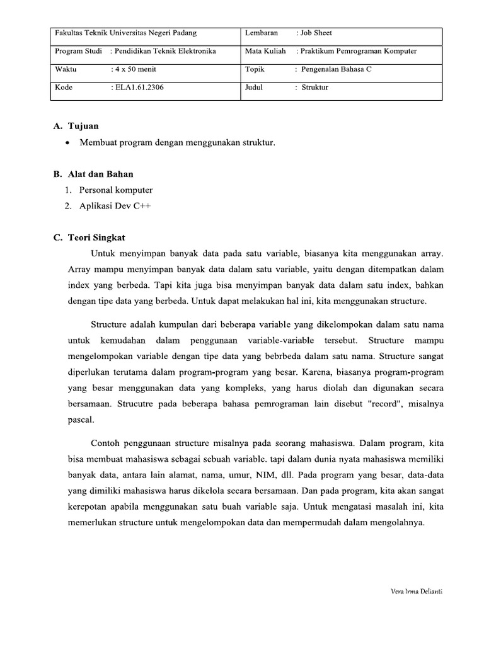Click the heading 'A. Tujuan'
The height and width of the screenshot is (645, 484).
coord(75,126)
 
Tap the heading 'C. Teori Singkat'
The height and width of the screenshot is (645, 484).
coord(89,237)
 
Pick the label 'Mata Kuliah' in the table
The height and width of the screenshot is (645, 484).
coord(265,51)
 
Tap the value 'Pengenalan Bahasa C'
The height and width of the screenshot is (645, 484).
coord(336,69)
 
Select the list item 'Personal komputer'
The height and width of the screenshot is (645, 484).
coord(116,190)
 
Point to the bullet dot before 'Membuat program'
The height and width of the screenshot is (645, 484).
coord(67,143)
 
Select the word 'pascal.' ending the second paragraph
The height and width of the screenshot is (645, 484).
coord(79,418)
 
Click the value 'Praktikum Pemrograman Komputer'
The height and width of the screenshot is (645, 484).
coord(360,51)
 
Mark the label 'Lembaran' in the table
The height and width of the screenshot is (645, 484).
coord(262,33)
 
